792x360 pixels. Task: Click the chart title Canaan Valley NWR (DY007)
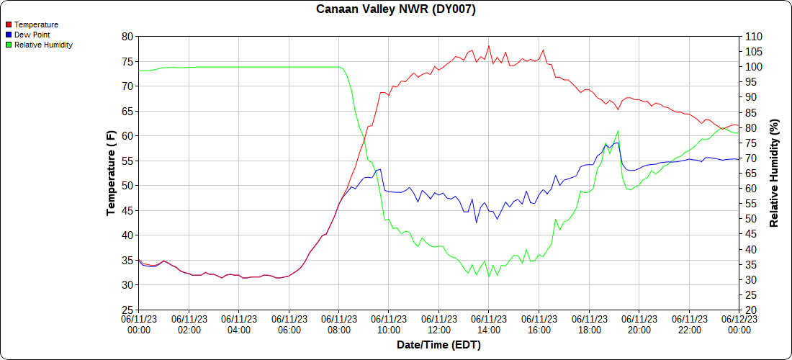(396, 9)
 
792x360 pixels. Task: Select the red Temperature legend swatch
(8, 24)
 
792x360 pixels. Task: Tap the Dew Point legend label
(32, 35)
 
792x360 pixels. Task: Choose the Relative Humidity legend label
(43, 45)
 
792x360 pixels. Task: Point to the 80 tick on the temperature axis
(127, 36)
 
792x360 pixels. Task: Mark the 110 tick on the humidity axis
(752, 36)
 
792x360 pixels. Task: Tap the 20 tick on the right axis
(750, 310)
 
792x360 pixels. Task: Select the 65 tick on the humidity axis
(750, 173)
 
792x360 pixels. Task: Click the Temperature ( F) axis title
(111, 173)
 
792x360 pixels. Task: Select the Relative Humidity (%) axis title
(774, 173)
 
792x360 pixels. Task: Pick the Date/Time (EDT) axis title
(438, 345)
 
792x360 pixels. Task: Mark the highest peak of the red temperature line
(489, 46)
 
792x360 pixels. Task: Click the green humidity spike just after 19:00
(618, 131)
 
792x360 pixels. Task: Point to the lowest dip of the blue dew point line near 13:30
(476, 222)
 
